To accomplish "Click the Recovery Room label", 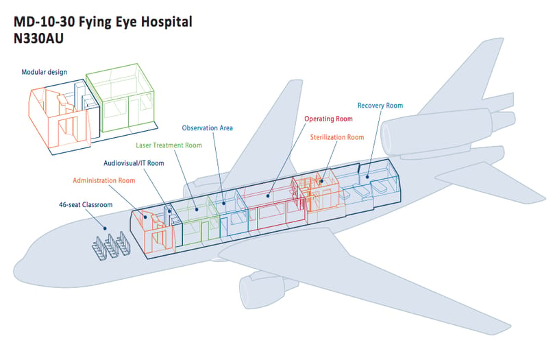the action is pyautogui.click(x=380, y=106).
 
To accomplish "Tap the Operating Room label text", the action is pyautogui.click(x=328, y=119).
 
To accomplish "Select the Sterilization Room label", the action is pyautogui.click(x=337, y=137).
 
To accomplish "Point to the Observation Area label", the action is pyautogui.click(x=207, y=128).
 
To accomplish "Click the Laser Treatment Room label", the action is pyautogui.click(x=169, y=145).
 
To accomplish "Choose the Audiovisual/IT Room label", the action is pyautogui.click(x=134, y=163).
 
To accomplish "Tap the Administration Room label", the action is pyautogui.click(x=104, y=181).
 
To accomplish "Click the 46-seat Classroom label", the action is pyautogui.click(x=86, y=205).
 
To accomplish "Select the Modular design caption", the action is pyautogui.click(x=45, y=72).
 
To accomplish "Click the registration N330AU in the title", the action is pyautogui.click(x=38, y=38).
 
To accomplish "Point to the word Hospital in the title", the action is pyautogui.click(x=166, y=22).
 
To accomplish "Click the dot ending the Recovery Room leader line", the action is pyautogui.click(x=367, y=177).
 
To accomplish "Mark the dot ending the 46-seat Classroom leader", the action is pyautogui.click(x=105, y=228).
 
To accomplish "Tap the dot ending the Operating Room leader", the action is pyautogui.click(x=268, y=195).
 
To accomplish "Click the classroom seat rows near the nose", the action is pyautogui.click(x=112, y=245).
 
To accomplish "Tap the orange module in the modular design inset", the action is pyautogui.click(x=58, y=119).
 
